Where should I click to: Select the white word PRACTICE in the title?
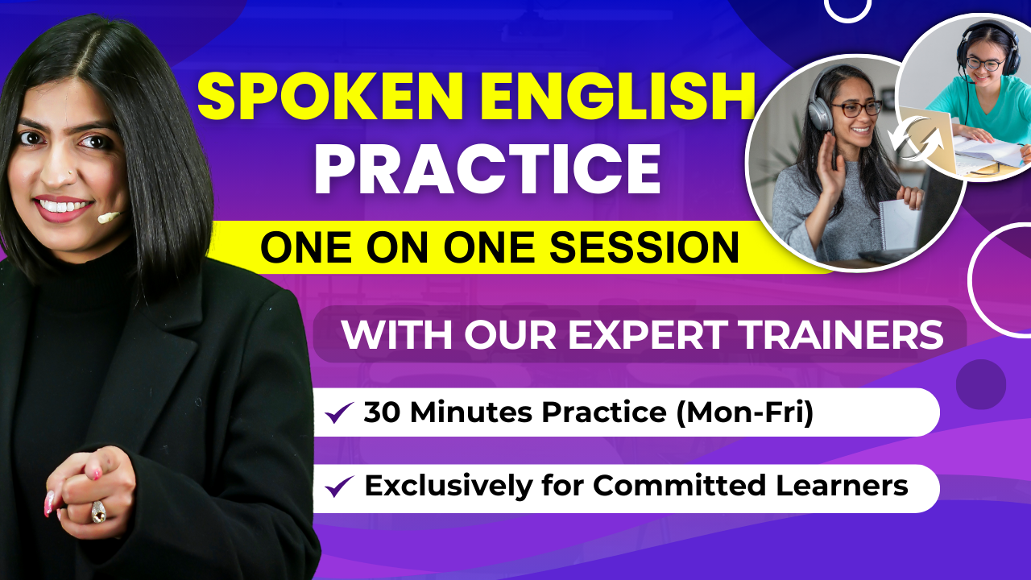click(487, 169)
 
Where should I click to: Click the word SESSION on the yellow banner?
click(644, 247)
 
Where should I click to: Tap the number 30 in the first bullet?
click(382, 412)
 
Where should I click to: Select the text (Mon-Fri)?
click(745, 412)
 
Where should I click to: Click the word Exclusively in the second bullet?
click(449, 486)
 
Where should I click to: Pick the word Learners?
click(842, 486)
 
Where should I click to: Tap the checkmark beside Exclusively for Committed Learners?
click(339, 486)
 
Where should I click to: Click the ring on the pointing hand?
click(98, 512)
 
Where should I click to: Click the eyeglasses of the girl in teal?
click(985, 62)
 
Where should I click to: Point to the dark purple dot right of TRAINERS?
click(981, 384)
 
